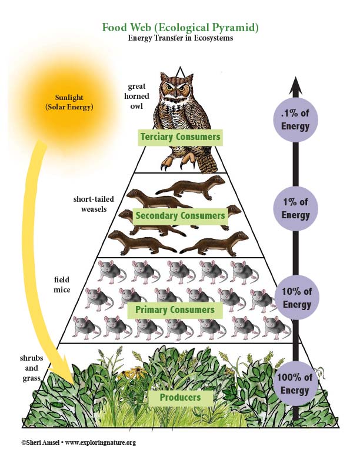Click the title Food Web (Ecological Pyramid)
[x=180, y=27]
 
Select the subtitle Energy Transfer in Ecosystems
[x=180, y=38]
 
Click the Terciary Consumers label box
[x=180, y=138]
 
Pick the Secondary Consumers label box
[x=180, y=215]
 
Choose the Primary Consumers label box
[x=175, y=309]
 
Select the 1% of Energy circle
[x=295, y=208]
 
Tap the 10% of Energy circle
[x=295, y=297]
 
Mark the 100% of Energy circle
[x=295, y=384]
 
